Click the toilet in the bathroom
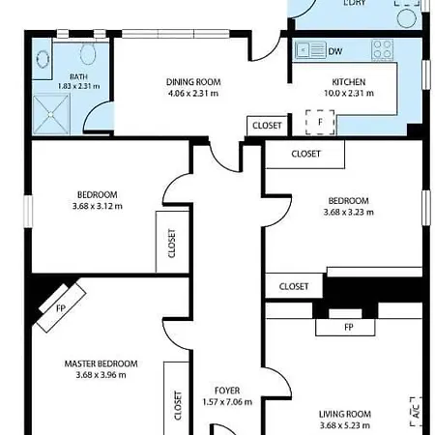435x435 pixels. pos(88,54)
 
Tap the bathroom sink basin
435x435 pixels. pos(43,59)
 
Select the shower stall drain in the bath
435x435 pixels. pos(50,114)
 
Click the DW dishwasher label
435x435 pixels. pos(335,51)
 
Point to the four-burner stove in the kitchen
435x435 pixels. pos(383,50)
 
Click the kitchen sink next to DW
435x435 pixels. pos(310,50)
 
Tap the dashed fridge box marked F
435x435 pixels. pos(320,122)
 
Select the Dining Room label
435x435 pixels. pos(193,82)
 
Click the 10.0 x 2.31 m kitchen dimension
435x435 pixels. pos(349,94)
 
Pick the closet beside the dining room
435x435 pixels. pos(267,126)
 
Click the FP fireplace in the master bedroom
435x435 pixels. pos(61,307)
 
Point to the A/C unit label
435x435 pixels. pos(416,412)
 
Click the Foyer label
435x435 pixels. pos(227,391)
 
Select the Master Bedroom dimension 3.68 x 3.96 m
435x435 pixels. pos(101,375)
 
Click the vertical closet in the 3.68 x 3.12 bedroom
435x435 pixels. pos(172,242)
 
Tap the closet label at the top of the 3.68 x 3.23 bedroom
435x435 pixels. pos(306,154)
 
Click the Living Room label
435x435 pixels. pos(345,414)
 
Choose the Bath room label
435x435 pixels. pos(78,76)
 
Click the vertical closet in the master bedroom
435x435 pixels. pos(177,398)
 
